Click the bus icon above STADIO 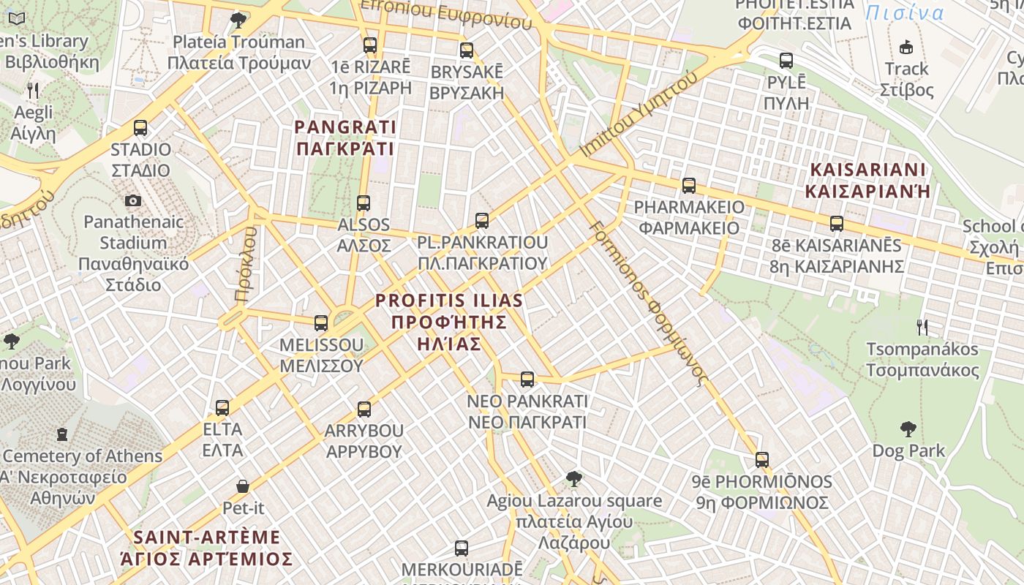tap(140, 128)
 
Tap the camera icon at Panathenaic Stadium tap(133, 200)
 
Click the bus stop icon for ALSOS tap(364, 203)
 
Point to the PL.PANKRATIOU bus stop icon tap(481, 221)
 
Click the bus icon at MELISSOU tap(321, 323)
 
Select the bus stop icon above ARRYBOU tap(364, 409)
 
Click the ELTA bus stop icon tap(222, 408)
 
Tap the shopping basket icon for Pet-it tap(243, 486)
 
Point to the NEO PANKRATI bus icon tap(527, 380)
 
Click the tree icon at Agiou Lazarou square tap(574, 479)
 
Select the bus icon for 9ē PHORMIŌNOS tap(762, 460)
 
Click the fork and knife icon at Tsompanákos tap(922, 328)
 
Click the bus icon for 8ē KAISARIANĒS tap(837, 224)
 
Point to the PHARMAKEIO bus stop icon tap(689, 186)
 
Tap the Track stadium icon tap(906, 48)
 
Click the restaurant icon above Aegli tap(33, 91)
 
